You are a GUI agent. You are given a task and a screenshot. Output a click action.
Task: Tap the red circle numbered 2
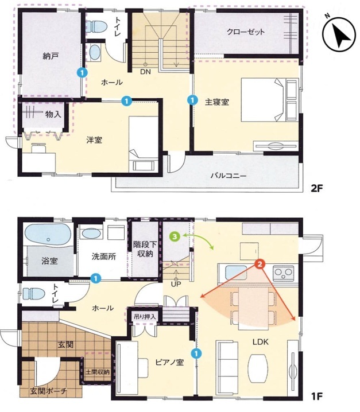tap(260, 264)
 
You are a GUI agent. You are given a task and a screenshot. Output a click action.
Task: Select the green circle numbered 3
tap(175, 236)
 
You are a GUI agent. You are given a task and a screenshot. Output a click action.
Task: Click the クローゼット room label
tap(246, 32)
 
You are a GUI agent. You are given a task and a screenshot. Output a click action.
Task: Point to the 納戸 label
tap(50, 56)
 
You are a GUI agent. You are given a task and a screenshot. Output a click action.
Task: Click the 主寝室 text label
tap(217, 102)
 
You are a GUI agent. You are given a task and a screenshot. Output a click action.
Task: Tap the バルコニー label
tap(229, 175)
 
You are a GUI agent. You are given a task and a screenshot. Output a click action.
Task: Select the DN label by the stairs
tap(145, 72)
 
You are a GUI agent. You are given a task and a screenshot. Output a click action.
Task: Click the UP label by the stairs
tap(176, 284)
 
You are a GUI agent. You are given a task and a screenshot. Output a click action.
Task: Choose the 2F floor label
tap(316, 188)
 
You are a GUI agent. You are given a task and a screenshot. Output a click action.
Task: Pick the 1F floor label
tap(316, 396)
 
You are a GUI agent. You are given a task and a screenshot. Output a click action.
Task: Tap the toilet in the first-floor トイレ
tap(33, 294)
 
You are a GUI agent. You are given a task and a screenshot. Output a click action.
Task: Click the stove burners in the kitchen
tap(284, 274)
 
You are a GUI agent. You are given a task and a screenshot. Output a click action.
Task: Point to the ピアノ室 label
tap(169, 362)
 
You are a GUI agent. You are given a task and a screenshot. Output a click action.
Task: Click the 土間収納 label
tap(98, 372)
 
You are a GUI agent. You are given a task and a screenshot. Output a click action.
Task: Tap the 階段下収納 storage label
tap(145, 250)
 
